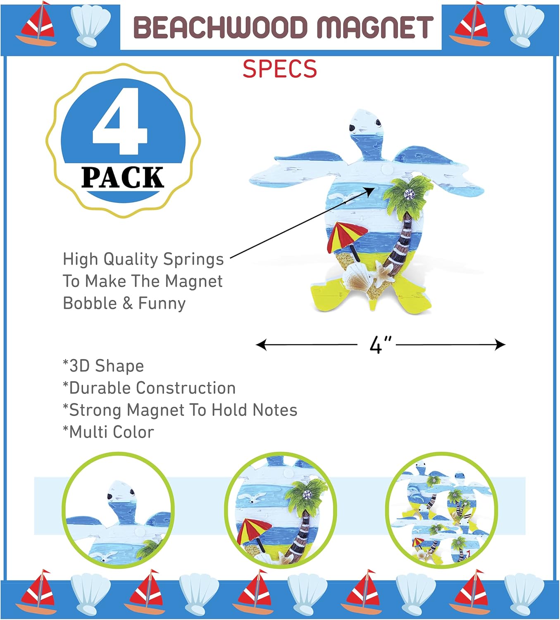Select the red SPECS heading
(x=280, y=69)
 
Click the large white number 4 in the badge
(x=120, y=122)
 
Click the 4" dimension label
(x=380, y=345)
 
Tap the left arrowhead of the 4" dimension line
(x=261, y=345)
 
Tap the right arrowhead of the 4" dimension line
(x=500, y=345)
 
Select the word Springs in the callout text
(x=193, y=259)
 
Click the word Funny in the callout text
(x=162, y=303)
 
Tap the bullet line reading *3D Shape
(x=103, y=366)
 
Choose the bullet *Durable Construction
(x=149, y=388)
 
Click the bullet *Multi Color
(x=108, y=432)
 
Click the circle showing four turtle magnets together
(x=441, y=510)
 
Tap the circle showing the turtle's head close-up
(x=118, y=510)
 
